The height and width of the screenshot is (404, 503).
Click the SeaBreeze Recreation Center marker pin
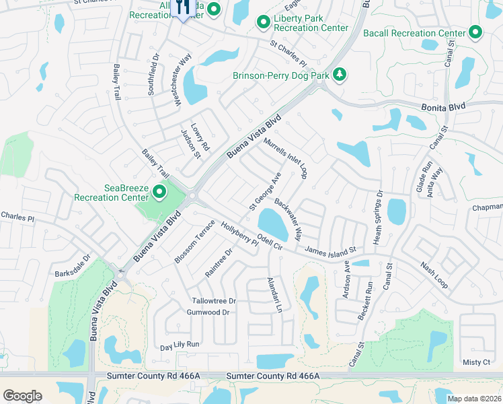coord(159,193)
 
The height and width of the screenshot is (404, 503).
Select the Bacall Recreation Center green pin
coord(475,32)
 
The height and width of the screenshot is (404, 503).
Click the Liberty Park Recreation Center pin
coord(263,24)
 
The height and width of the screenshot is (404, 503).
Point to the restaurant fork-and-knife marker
coord(182,9)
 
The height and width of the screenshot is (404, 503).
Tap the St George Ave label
coord(265,191)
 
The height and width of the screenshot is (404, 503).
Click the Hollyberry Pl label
coord(240,236)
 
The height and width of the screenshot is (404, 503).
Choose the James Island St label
coord(330,251)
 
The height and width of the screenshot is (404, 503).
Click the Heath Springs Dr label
coord(378,217)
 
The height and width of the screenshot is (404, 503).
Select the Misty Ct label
coord(477,362)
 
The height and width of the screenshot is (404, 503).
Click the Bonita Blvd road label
coord(444,107)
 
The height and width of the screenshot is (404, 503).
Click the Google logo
coord(22,396)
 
